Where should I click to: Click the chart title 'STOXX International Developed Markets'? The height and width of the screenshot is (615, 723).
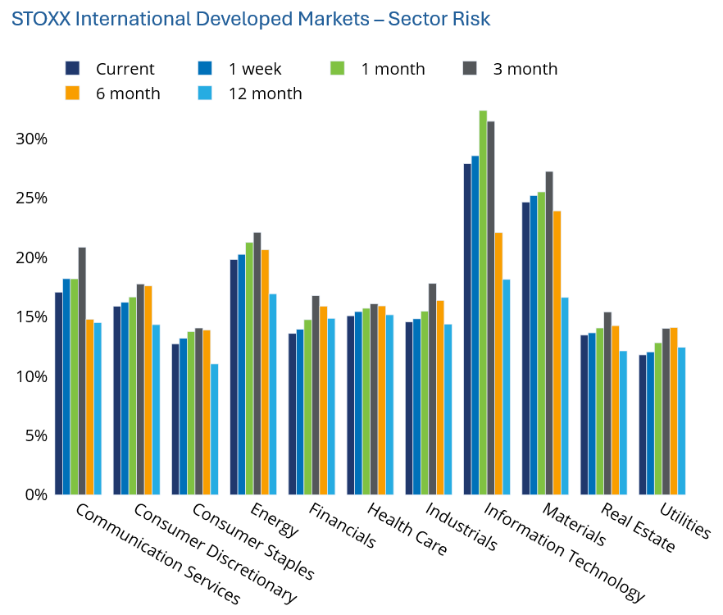coord(190,19)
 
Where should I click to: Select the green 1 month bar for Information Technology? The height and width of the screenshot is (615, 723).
coord(484,303)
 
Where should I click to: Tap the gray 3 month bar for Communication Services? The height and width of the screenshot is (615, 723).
coord(82,371)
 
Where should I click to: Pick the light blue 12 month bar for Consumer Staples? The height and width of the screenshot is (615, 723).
coord(215,430)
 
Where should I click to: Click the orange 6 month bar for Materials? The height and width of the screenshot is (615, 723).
coord(557,353)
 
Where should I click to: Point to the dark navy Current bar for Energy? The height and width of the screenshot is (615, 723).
coord(234,377)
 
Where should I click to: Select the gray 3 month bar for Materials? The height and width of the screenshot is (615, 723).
coord(549,333)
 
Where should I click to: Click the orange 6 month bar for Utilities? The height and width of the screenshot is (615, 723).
coord(674,411)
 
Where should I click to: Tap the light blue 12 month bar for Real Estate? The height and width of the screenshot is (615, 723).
coord(623,423)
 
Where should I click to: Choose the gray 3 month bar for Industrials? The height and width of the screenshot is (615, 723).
coord(433,389)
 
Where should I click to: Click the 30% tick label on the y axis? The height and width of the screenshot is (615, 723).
coord(31,139)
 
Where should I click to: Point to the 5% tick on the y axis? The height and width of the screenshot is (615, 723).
coord(36,435)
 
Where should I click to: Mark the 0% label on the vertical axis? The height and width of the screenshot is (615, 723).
coord(36,495)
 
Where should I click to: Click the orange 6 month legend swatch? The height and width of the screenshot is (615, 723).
coord(72,93)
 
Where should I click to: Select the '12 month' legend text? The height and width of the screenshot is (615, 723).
coord(265,93)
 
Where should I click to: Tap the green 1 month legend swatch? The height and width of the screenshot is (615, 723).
coord(338,68)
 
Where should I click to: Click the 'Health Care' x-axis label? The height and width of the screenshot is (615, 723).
coord(407,529)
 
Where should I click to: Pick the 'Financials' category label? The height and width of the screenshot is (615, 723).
coord(342,526)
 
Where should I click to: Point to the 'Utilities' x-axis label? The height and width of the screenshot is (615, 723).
coord(685,521)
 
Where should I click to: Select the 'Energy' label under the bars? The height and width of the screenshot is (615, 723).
coord(275,520)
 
